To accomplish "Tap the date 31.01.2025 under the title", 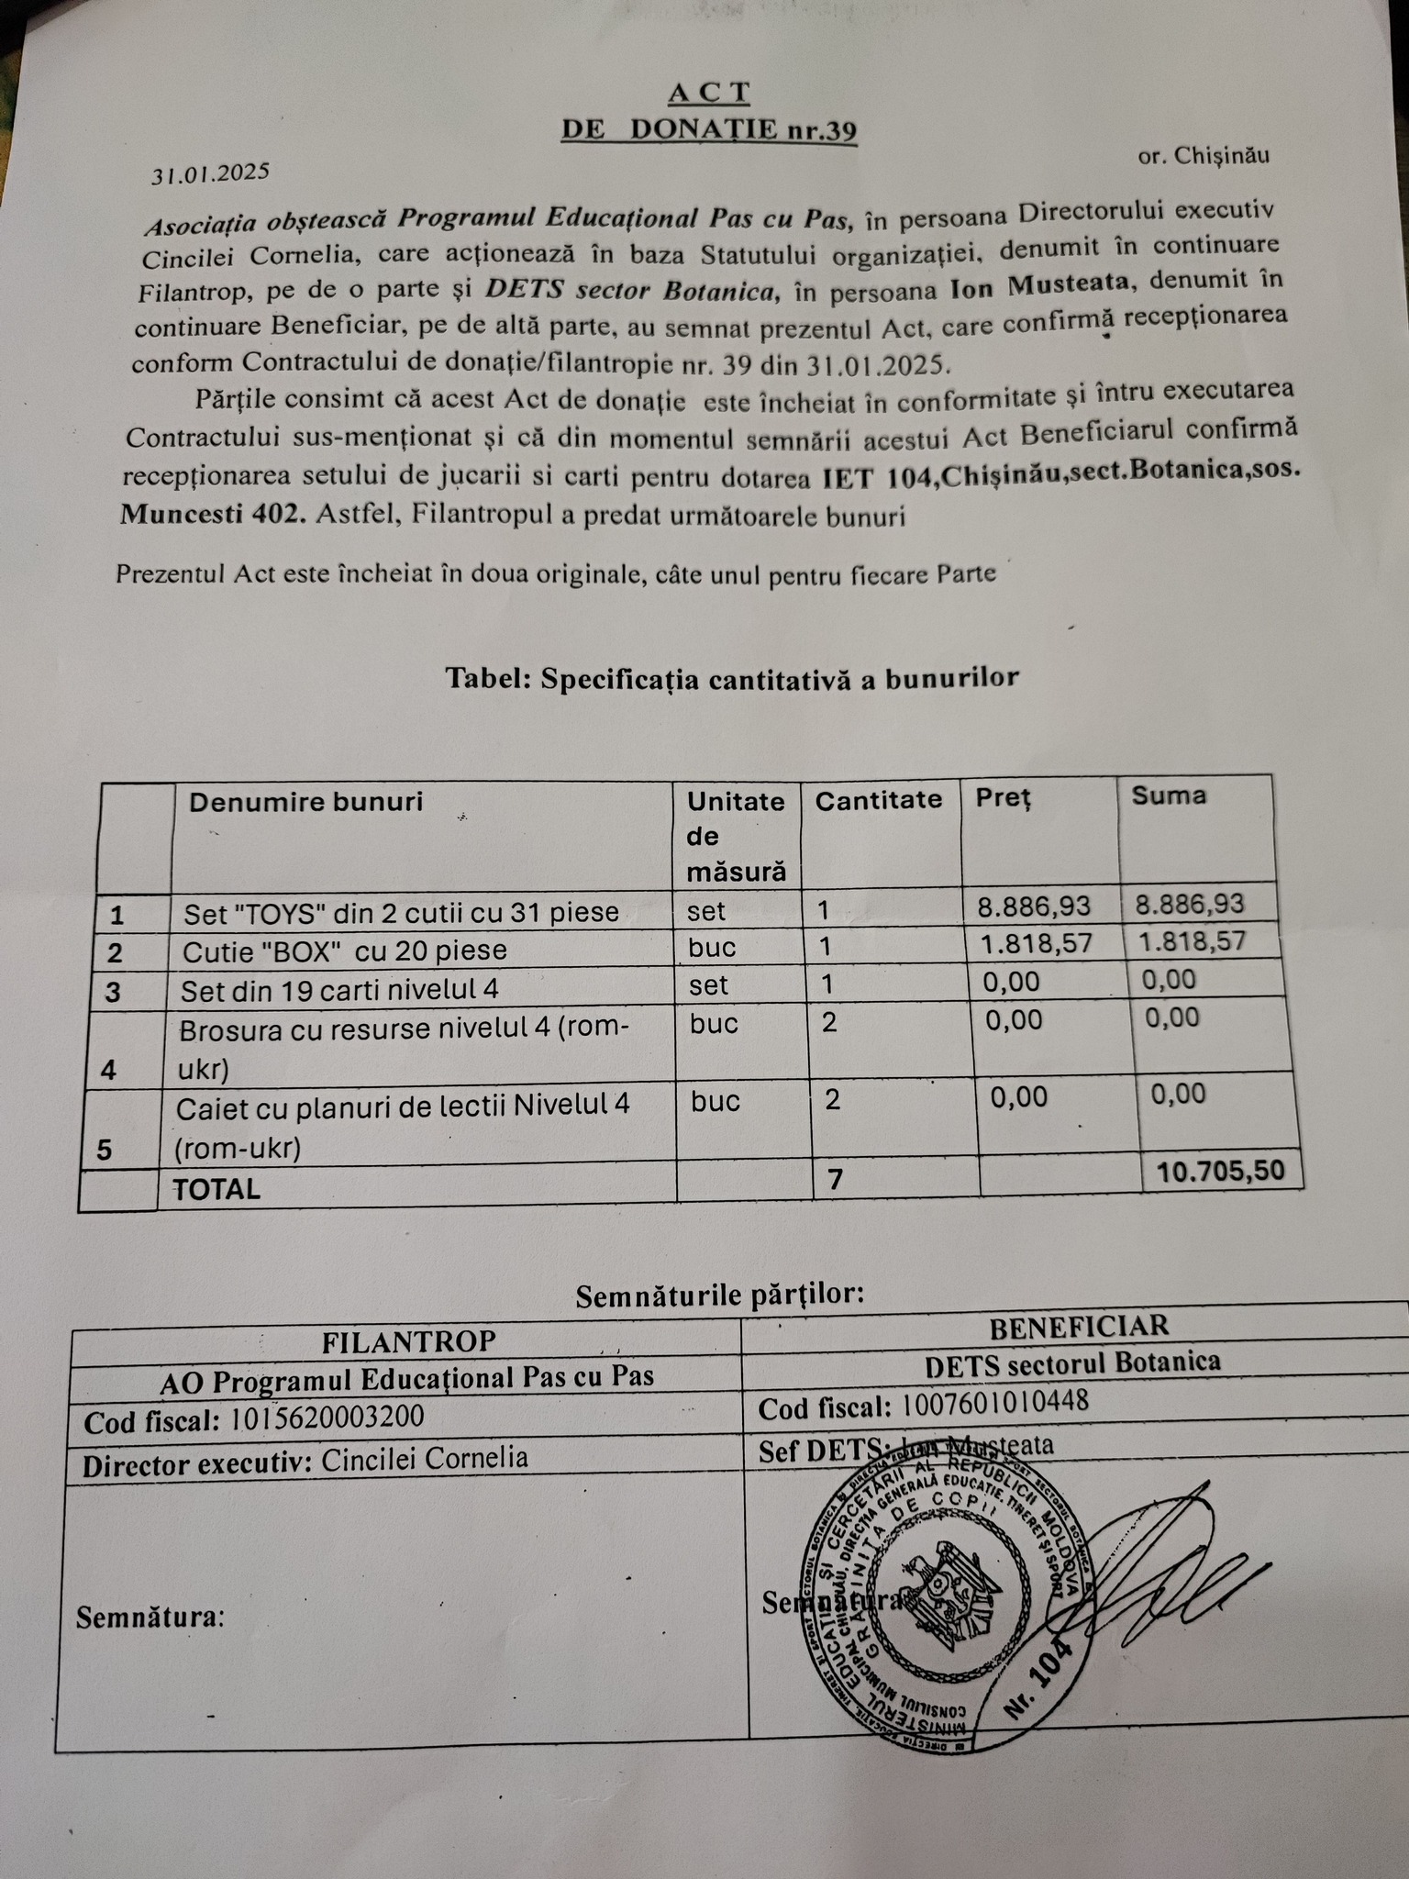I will [x=210, y=172].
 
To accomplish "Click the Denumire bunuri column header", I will [x=305, y=802].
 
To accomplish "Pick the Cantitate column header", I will [x=878, y=800].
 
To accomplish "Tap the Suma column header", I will [x=1169, y=795].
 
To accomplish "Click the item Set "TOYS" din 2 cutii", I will [x=401, y=913].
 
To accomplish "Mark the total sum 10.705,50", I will [x=1221, y=1171].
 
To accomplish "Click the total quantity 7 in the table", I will [x=835, y=1180].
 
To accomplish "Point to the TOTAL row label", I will [x=216, y=1189].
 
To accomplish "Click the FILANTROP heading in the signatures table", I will [x=408, y=1342].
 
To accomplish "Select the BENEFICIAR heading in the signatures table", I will [x=1079, y=1325].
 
